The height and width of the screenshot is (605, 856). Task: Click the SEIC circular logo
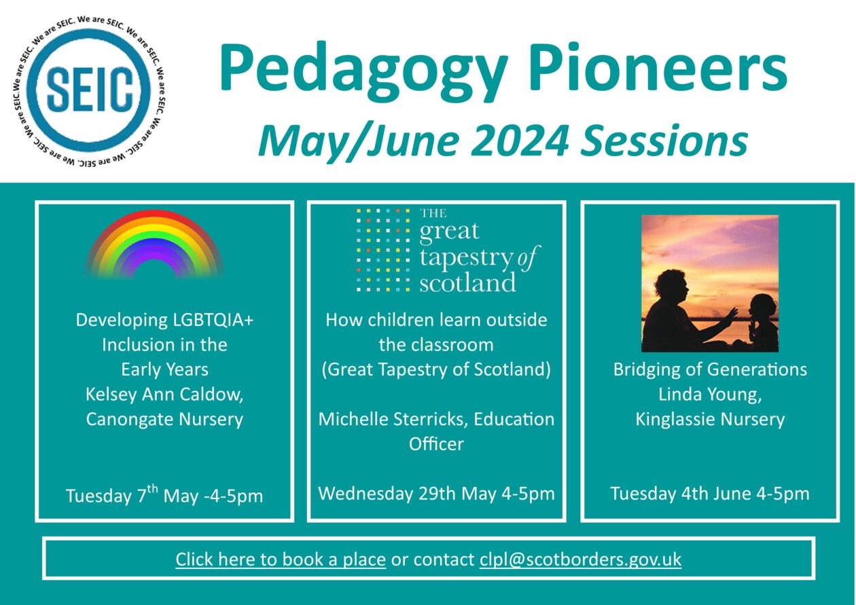click(90, 91)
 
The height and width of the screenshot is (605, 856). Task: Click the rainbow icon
click(155, 244)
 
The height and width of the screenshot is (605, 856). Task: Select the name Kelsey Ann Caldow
click(164, 395)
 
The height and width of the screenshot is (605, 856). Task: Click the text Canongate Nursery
click(164, 419)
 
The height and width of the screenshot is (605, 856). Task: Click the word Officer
click(436, 444)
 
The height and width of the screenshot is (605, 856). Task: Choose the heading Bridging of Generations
click(710, 369)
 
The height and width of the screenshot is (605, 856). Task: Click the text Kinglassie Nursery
click(710, 419)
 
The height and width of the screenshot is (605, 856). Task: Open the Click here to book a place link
click(281, 560)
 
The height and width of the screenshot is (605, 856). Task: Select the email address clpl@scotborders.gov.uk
click(580, 560)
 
